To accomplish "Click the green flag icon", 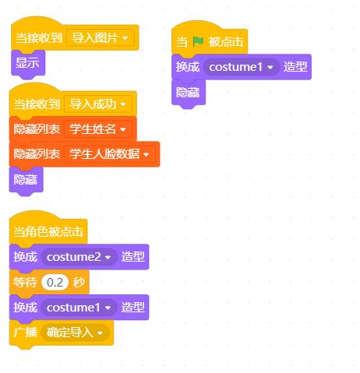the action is pyautogui.click(x=198, y=41).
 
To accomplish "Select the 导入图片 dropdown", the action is pyautogui.click(x=101, y=38).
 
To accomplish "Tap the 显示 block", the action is pyautogui.click(x=28, y=63).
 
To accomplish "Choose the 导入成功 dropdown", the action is pyautogui.click(x=98, y=104).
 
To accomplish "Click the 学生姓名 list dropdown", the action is pyautogui.click(x=98, y=129).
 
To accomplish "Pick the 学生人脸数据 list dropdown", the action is pyautogui.click(x=110, y=154).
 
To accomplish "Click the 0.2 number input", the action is pyautogui.click(x=55, y=282).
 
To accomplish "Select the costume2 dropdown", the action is pyautogui.click(x=79, y=257).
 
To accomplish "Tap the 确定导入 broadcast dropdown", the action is pyautogui.click(x=75, y=333).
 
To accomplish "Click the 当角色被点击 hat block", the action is pyautogui.click(x=48, y=231).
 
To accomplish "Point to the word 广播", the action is pyautogui.click(x=25, y=333).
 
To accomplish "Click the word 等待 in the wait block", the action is pyautogui.click(x=25, y=282).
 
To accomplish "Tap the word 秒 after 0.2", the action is pyautogui.click(x=79, y=282).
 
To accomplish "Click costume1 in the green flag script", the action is pyautogui.click(x=241, y=67).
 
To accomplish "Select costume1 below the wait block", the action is pyautogui.click(x=79, y=308).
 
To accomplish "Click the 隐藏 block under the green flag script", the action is pyautogui.click(x=189, y=93).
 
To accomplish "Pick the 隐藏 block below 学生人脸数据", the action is pyautogui.click(x=26, y=180).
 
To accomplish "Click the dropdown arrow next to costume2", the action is pyautogui.click(x=108, y=257).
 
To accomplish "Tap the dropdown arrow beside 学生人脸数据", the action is pyautogui.click(x=146, y=154).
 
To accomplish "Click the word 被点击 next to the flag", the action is pyautogui.click(x=226, y=41).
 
